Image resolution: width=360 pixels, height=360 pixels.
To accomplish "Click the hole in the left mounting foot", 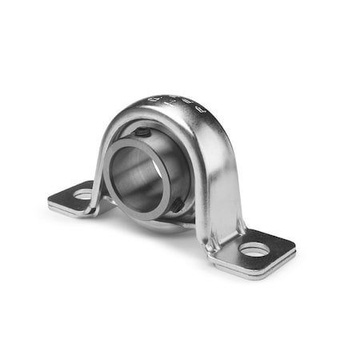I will tap(84, 194).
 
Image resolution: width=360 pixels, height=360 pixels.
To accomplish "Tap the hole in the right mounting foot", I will tap(254, 250).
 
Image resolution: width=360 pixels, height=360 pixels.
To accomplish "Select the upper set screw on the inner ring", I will tap(141, 132).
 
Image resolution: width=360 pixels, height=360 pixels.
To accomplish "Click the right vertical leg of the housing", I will tap(224, 192).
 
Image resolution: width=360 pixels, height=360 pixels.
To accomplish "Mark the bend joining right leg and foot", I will tap(219, 240).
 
